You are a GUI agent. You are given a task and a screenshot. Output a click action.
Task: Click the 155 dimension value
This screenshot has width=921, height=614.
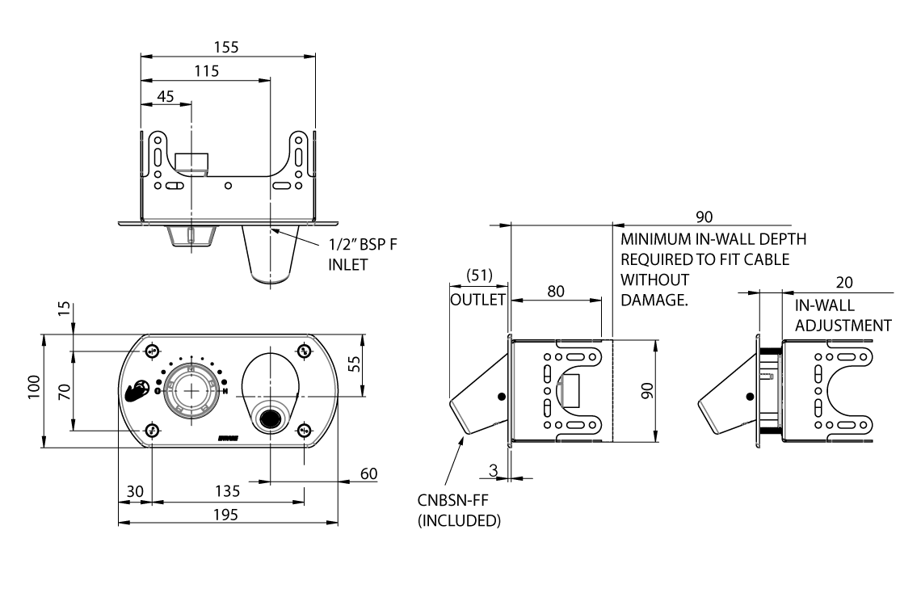coord(227,48)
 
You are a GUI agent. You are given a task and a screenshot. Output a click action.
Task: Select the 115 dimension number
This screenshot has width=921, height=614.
coord(207,72)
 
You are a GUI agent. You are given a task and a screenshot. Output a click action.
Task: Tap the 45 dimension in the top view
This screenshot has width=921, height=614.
coord(165,96)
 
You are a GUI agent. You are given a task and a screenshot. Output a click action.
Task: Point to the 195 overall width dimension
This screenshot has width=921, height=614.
coord(226,515)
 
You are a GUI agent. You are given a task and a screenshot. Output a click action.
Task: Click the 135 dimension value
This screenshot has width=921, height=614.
coord(226,490)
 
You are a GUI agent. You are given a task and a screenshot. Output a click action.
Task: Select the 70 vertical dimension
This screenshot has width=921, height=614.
coord(65,392)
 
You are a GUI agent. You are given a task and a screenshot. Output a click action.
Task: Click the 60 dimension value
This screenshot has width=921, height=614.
coord(368,474)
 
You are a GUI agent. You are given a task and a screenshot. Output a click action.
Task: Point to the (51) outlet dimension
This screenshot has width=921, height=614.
coord(478,275)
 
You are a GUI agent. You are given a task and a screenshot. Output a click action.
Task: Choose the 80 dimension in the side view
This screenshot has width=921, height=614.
coord(556,291)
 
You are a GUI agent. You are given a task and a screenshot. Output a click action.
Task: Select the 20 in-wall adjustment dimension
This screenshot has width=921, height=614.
coord(844,283)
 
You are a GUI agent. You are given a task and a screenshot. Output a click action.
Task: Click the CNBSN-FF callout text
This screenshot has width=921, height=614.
coord(454,502)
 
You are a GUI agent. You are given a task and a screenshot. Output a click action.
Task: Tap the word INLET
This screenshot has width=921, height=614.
coord(348,264)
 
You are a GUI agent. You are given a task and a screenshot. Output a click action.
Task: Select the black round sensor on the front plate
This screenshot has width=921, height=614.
coord(268,418)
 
